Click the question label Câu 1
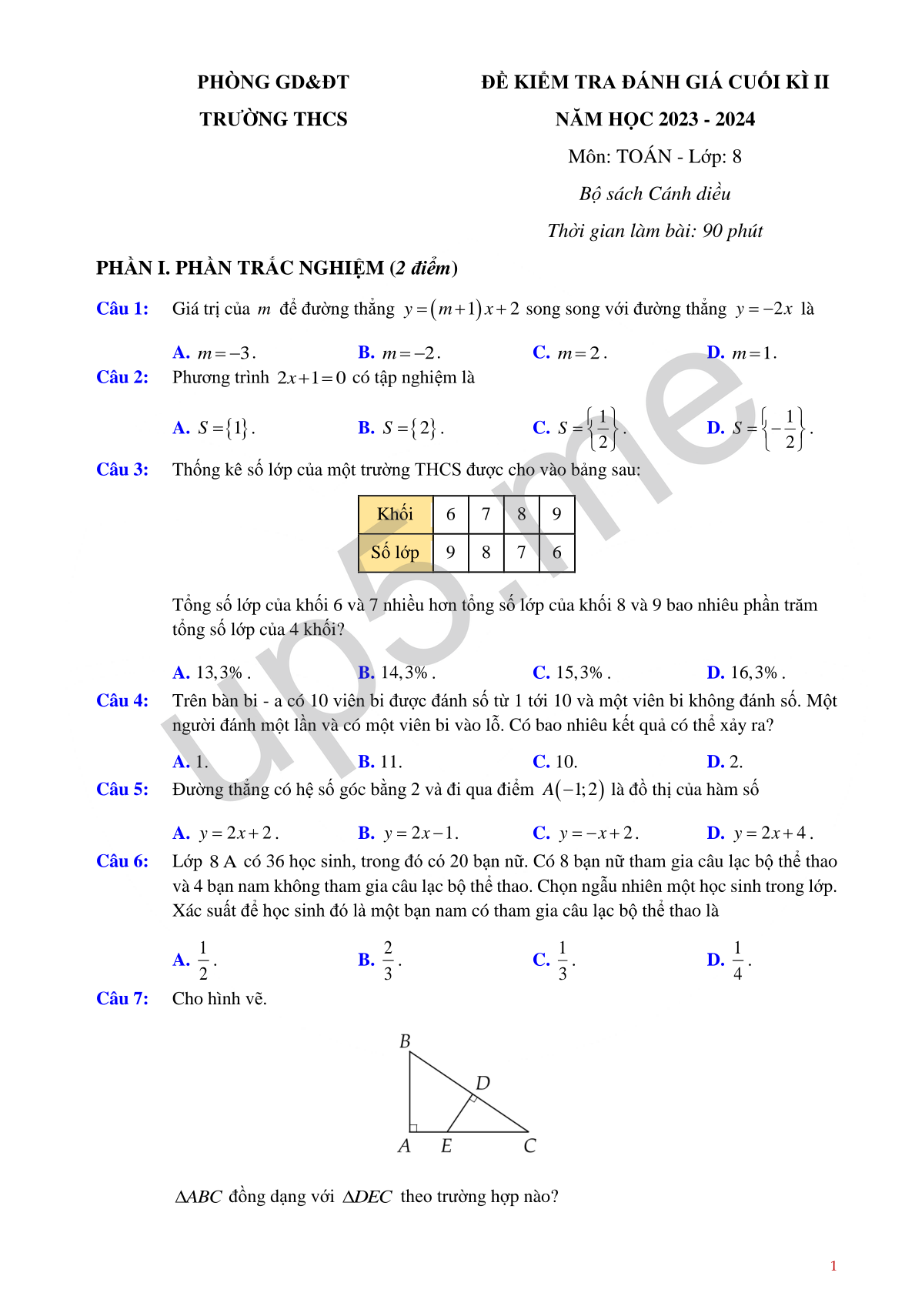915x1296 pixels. click(122, 309)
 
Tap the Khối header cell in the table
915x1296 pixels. click(395, 514)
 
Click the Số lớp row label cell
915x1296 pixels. click(395, 552)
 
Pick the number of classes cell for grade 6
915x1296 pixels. click(450, 552)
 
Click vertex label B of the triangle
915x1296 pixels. click(405, 1041)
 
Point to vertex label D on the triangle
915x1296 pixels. click(483, 1083)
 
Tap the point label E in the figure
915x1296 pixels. click(446, 1146)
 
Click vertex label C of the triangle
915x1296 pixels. click(529, 1146)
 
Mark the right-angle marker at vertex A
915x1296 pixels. click(413, 1128)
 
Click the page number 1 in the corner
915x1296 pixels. click(833, 1266)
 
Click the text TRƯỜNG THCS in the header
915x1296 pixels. click(273, 119)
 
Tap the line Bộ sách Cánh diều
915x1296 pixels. click(655, 194)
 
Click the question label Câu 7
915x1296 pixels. click(122, 998)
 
